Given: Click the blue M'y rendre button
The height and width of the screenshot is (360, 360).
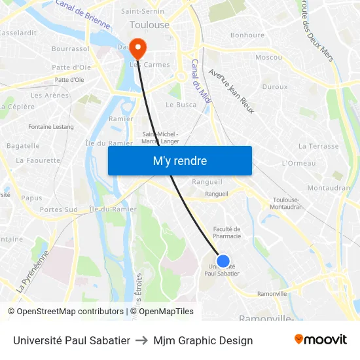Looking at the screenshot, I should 179,160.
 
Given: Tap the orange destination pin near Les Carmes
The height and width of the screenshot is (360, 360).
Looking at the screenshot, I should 138,47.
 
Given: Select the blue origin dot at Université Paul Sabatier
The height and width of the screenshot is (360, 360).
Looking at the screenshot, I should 223,261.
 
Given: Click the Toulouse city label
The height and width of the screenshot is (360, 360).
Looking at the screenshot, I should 149,25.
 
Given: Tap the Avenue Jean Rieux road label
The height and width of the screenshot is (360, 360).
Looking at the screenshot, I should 230,91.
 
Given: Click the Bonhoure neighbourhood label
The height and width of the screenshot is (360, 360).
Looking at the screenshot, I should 247,35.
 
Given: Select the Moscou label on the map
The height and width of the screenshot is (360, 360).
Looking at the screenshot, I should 268,57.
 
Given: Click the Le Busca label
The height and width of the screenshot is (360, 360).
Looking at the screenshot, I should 181,105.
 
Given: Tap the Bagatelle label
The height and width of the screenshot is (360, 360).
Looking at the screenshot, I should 23,145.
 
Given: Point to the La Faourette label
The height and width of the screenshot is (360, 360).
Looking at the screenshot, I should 38,160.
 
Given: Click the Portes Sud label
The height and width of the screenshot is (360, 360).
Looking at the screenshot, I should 58,209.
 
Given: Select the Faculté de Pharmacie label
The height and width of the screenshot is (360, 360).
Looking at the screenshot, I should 227,232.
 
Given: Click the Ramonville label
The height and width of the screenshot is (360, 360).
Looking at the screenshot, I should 272,294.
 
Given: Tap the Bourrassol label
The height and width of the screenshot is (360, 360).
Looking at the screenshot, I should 70,48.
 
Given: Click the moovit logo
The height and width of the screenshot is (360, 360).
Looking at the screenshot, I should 320,340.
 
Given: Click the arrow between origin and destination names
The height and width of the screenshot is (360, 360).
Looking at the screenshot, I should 141,340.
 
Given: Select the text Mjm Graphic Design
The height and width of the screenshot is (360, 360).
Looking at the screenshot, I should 203,340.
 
